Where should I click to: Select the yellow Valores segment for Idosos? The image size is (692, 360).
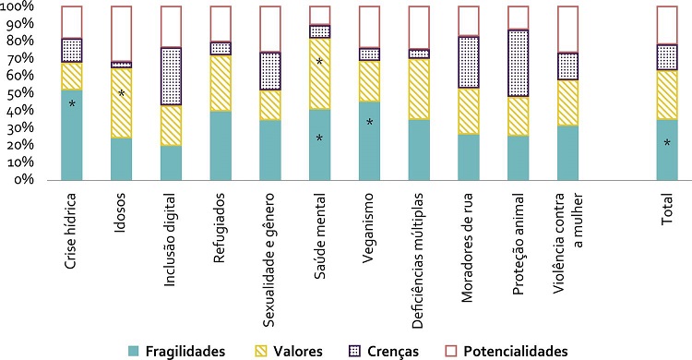pyautogui.click(x=122, y=102)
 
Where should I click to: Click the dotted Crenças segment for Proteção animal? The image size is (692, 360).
pyautogui.click(x=519, y=63)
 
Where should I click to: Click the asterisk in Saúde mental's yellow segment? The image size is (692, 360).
pyautogui.click(x=319, y=63)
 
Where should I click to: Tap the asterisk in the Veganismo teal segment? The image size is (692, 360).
pyautogui.click(x=369, y=123)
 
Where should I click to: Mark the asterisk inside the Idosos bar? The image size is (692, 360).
pyautogui.click(x=122, y=94)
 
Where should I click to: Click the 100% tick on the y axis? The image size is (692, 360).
pyautogui.click(x=19, y=7)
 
